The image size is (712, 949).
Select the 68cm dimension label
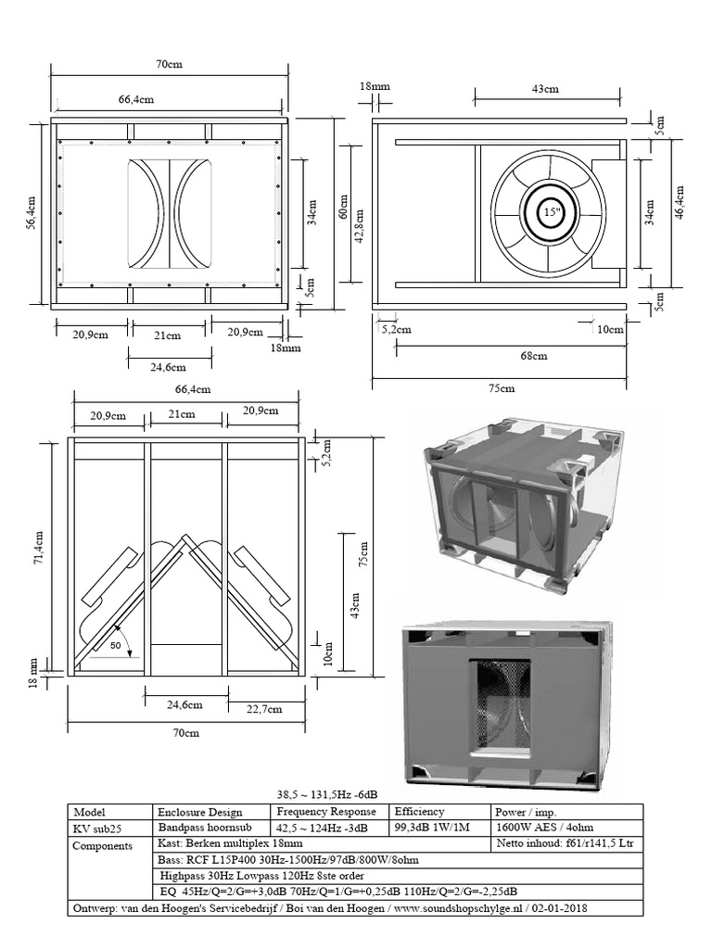(x=533, y=355)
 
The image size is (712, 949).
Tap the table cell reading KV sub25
(x=96, y=828)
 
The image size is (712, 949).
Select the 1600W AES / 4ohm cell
(x=547, y=828)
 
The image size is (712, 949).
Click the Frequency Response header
(x=320, y=811)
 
